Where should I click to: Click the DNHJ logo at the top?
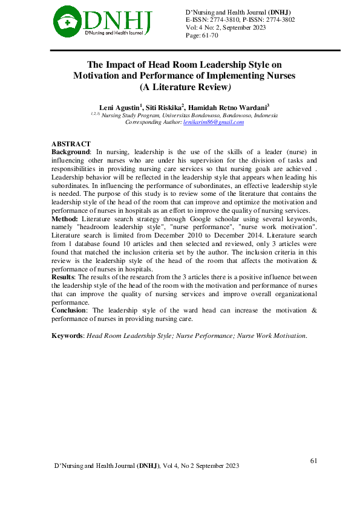coord(102,21)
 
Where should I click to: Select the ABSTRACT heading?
coord(71,144)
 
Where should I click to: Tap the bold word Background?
coord(70,151)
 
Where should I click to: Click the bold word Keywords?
coord(68,335)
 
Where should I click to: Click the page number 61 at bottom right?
coord(313,461)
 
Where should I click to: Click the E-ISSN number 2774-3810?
coord(222,20)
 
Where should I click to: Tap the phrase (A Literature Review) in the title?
coord(184,86)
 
